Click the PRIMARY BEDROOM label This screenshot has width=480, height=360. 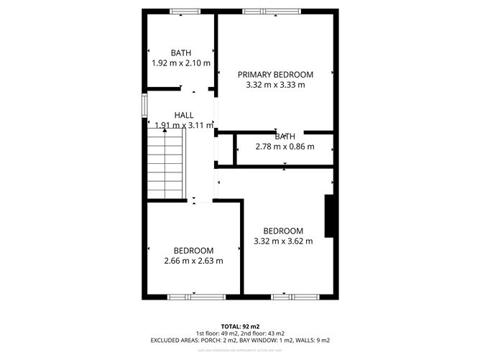click(276, 74)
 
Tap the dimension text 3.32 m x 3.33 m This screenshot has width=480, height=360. click(276, 85)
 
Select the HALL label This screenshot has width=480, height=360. click(183, 115)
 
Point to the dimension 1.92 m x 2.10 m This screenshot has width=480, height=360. click(181, 63)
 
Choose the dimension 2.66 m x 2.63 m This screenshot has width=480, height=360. click(193, 261)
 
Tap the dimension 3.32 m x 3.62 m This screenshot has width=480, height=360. click(283, 241)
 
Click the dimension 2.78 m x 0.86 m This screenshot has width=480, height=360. click(285, 147)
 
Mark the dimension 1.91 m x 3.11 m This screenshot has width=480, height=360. click(184, 125)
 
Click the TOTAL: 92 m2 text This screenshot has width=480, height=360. click(239, 326)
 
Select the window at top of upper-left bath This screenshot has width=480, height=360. click(185, 11)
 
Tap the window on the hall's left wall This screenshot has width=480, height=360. click(145, 104)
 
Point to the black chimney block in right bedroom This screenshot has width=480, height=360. click(331, 216)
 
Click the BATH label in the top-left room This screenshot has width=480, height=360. click(181, 52)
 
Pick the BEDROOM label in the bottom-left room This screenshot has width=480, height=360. click(193, 250)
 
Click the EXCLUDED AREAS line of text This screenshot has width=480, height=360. click(239, 340)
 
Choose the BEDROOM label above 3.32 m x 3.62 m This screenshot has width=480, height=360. click(283, 231)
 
